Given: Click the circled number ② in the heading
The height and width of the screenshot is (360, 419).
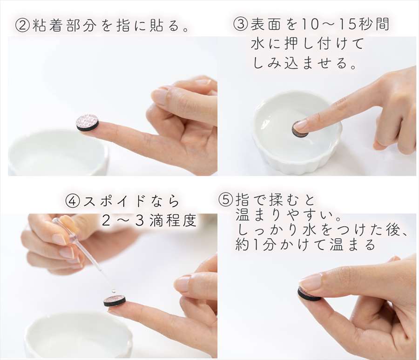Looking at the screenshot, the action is (22, 26).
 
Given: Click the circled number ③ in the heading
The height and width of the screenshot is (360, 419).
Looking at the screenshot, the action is (240, 24).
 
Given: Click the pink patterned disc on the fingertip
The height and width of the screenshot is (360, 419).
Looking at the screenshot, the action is (88, 123).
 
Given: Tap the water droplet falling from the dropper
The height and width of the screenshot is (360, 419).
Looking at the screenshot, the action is (114, 291).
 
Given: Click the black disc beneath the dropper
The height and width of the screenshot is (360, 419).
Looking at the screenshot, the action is (115, 300).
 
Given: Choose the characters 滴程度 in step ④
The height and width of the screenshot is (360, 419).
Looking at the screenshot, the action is (173, 220).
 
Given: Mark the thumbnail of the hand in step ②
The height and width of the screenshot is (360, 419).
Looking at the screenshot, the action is (161, 97).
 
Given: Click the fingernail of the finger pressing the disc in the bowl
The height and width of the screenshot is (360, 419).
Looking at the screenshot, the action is (301, 126).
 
